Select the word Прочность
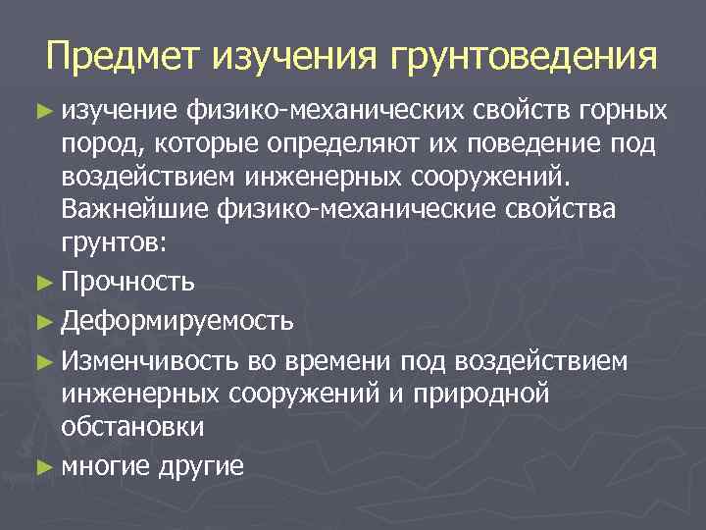[126, 283]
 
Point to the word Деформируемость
[176, 320]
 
